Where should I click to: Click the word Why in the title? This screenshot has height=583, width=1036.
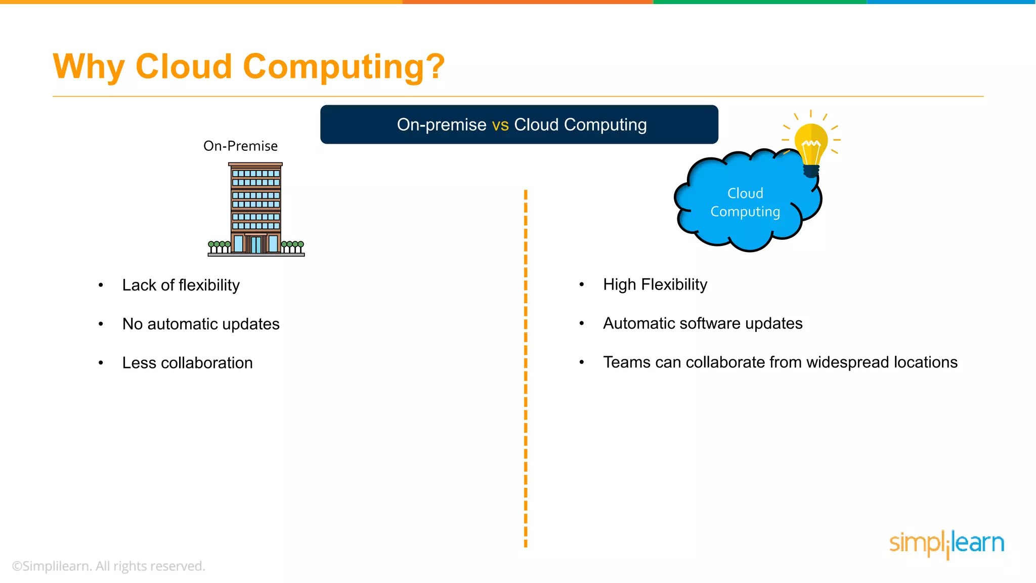(89, 67)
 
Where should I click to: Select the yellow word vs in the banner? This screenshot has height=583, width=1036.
(500, 124)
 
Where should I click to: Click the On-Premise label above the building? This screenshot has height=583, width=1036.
(240, 146)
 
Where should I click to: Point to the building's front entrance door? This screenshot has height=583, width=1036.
(256, 244)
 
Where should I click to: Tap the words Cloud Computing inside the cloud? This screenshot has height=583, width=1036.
(745, 202)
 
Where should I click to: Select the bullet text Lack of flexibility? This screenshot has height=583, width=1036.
(181, 285)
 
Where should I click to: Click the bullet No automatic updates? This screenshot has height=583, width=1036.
(200, 324)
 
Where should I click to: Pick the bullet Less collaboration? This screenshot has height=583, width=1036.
(187, 363)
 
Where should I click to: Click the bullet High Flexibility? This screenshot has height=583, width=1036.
(655, 284)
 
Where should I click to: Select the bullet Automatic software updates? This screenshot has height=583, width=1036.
(702, 323)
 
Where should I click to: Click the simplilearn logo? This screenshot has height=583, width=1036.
(946, 544)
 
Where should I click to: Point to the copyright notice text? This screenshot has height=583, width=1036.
(108, 566)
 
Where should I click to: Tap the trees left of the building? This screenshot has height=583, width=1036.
(219, 246)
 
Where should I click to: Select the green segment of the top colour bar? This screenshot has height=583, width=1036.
(759, 2)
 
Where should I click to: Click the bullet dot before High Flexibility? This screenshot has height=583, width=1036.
(582, 285)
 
